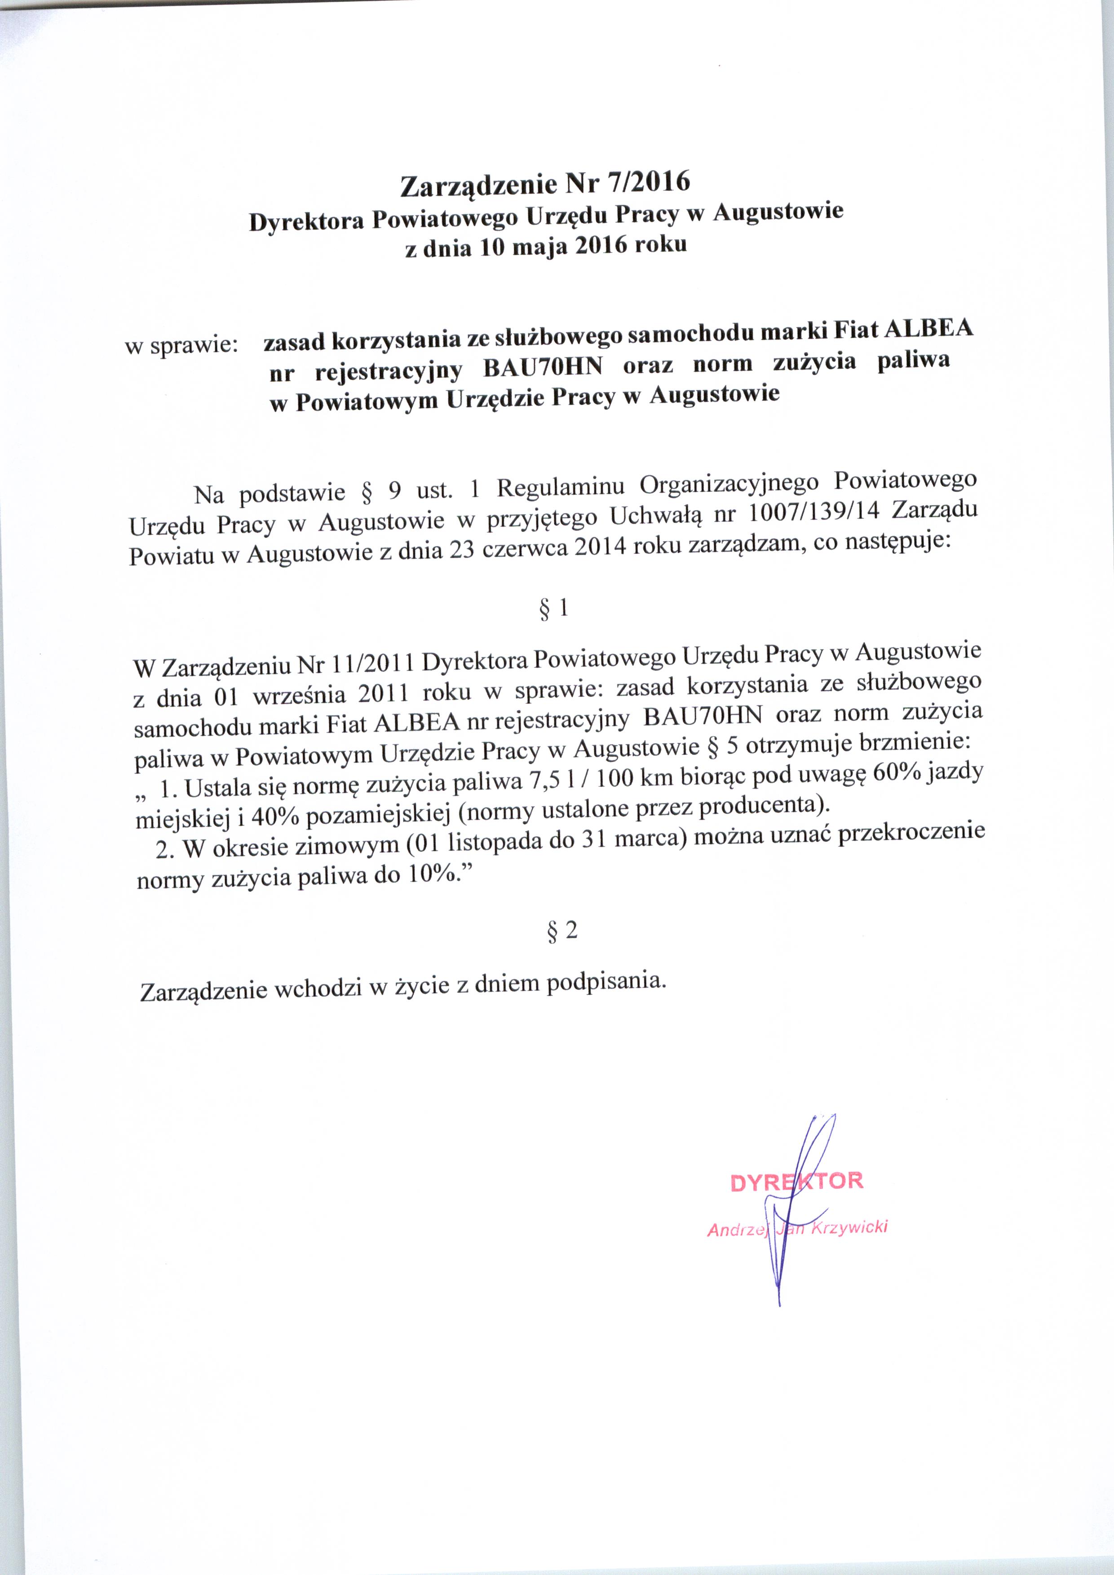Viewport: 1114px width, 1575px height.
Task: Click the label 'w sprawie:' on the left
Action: (181, 344)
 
